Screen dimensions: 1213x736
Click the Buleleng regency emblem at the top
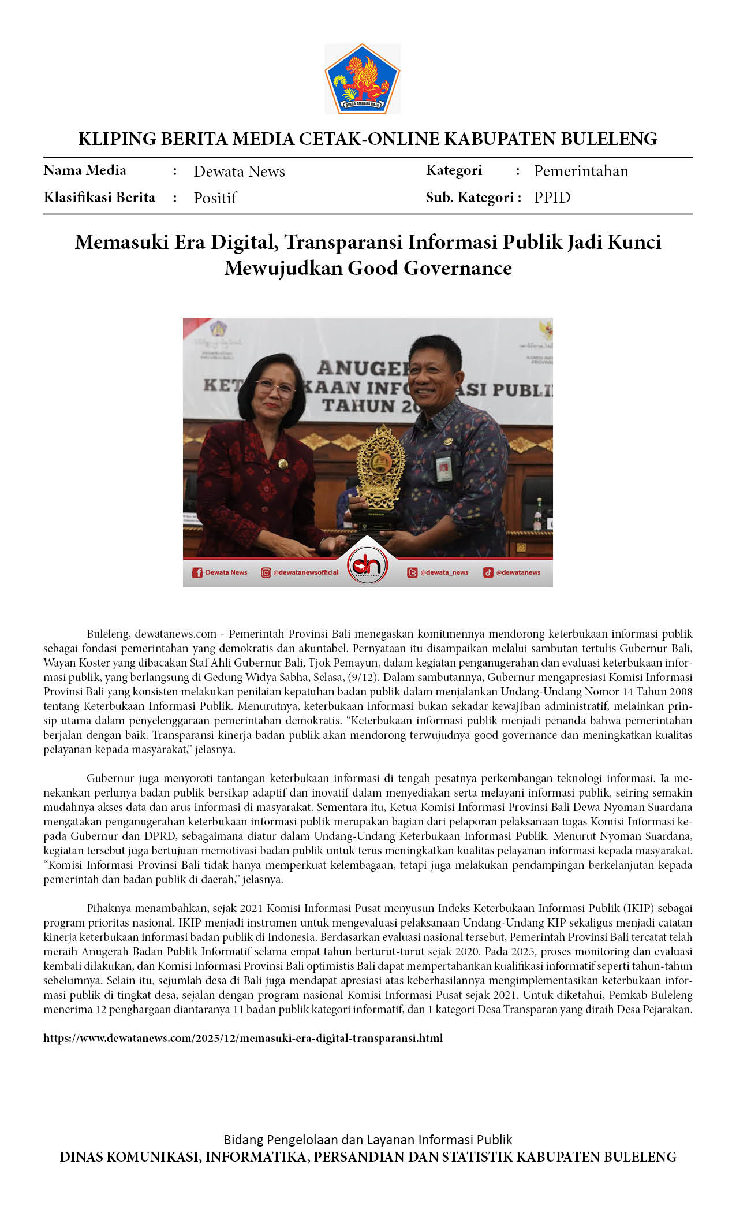tap(363, 79)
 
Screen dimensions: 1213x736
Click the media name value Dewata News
tap(239, 172)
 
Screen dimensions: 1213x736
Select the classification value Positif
tap(215, 198)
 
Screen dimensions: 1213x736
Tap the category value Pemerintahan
tap(581, 171)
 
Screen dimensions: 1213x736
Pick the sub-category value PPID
tap(552, 198)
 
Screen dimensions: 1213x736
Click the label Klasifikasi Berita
tap(99, 198)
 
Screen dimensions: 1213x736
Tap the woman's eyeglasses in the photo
tap(275, 388)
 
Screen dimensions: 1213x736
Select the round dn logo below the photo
tap(368, 566)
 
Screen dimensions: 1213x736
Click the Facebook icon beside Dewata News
tap(197, 572)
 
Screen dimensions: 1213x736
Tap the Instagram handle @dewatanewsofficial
tap(305, 572)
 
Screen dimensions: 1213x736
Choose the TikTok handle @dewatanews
tap(518, 572)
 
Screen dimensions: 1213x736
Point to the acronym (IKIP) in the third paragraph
tap(638, 908)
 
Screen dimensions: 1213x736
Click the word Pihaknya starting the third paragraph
tap(109, 908)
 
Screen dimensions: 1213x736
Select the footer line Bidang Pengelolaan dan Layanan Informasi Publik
tap(368, 1140)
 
